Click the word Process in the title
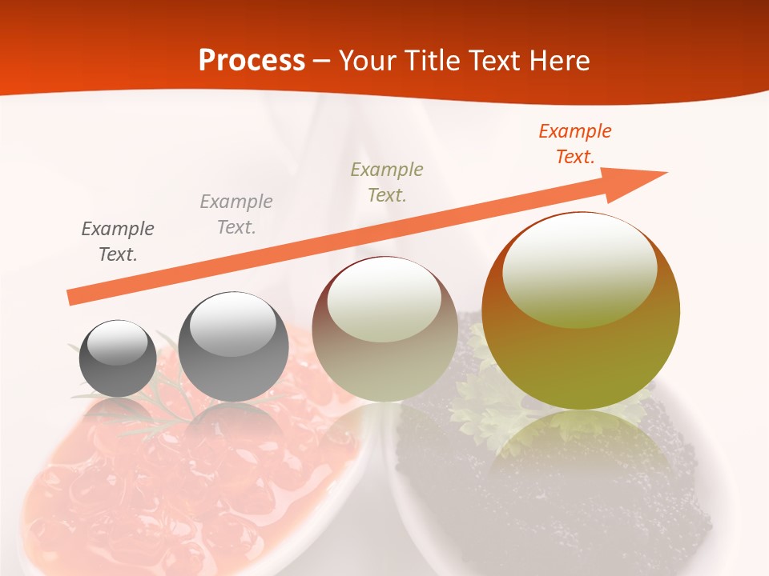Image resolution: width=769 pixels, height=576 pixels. (252, 60)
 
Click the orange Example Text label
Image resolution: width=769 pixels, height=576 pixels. (575, 144)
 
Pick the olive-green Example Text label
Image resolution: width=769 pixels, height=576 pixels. (387, 182)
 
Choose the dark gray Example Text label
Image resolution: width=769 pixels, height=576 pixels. (118, 241)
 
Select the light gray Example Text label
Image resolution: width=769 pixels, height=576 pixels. (236, 214)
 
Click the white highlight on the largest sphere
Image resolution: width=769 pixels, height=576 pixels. (580, 268)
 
